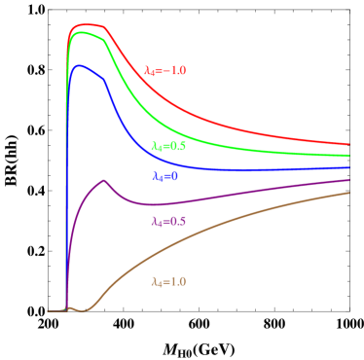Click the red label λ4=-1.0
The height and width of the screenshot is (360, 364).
click(x=164, y=71)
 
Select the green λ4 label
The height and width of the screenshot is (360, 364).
click(x=168, y=146)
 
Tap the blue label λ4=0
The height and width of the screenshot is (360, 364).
click(x=164, y=177)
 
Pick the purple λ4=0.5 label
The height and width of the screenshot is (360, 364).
click(x=168, y=222)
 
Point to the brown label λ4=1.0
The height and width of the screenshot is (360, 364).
click(x=168, y=282)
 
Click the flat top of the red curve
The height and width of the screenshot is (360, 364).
click(x=89, y=25)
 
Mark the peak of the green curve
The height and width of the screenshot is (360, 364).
click(x=84, y=32)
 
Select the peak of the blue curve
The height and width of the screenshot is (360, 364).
click(x=81, y=65)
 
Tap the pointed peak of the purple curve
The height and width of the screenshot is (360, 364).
click(x=103, y=180)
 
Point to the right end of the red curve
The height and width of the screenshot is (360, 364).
click(x=349, y=145)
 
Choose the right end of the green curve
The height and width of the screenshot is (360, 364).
click(x=349, y=156)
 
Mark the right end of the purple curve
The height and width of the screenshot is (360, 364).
click(x=349, y=180)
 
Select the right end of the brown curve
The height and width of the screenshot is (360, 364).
click(x=349, y=193)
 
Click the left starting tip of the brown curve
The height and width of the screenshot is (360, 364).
click(x=49, y=310)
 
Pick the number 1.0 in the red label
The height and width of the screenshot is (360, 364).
click(x=177, y=71)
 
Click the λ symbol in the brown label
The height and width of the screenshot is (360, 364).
click(x=154, y=282)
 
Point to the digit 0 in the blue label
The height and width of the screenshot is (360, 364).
click(x=175, y=177)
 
